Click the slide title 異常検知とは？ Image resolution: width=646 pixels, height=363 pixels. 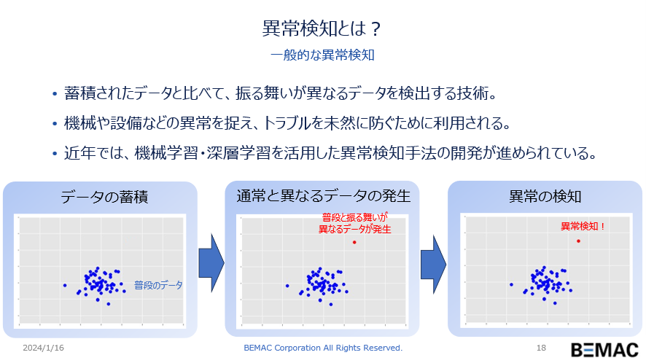coord(322,28)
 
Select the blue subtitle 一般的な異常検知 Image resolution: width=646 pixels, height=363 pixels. coord(322,55)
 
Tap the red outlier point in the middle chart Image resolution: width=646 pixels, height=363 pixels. coord(354,242)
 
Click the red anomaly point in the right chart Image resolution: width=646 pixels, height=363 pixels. coord(578,241)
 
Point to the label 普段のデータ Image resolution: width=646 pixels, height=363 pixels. coord(158,285)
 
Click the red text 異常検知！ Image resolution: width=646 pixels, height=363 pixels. coord(583,226)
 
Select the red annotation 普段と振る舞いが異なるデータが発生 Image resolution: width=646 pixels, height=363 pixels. coord(355,223)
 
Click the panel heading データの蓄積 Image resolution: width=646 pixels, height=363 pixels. coord(104,197)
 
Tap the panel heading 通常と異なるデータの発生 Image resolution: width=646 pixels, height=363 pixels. coord(324,196)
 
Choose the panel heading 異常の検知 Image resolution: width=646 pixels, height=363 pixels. coord(545,197)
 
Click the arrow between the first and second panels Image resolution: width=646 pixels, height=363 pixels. coord(211,263)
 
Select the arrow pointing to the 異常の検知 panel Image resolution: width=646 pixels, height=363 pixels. coord(433,264)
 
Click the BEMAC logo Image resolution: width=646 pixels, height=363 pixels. coord(604,350)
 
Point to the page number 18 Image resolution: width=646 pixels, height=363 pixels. coord(541,348)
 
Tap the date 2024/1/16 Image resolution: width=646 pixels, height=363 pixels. coord(43,348)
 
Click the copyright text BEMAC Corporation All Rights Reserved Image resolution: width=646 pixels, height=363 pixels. coord(323,348)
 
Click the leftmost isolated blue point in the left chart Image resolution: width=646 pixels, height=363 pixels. coord(65,285)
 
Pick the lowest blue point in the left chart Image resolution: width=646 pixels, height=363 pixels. coord(109,304)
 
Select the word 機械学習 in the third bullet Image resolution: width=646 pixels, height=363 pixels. coord(166,153)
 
